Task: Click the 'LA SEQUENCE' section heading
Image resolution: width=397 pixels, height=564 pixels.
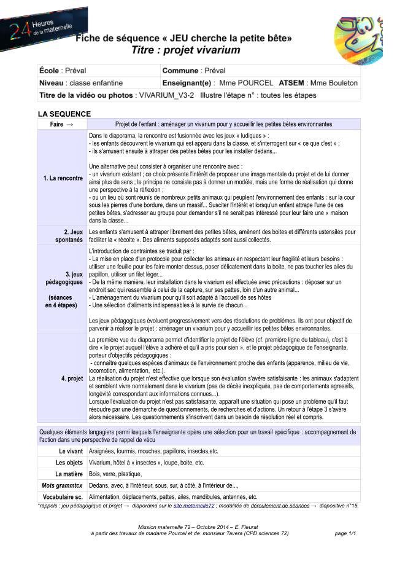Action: tap(64, 114)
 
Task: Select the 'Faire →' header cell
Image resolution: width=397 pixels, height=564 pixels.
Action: tap(61, 123)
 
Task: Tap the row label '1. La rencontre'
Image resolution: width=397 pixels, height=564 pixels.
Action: tap(63, 178)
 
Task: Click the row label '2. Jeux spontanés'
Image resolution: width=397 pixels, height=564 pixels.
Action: tap(68, 236)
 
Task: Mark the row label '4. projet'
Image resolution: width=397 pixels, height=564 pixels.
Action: tap(72, 378)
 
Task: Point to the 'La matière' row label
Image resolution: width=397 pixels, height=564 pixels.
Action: tap(69, 474)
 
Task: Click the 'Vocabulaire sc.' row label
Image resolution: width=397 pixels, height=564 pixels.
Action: tap(62, 497)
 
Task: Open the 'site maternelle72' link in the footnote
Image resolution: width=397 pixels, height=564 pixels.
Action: tap(194, 506)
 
